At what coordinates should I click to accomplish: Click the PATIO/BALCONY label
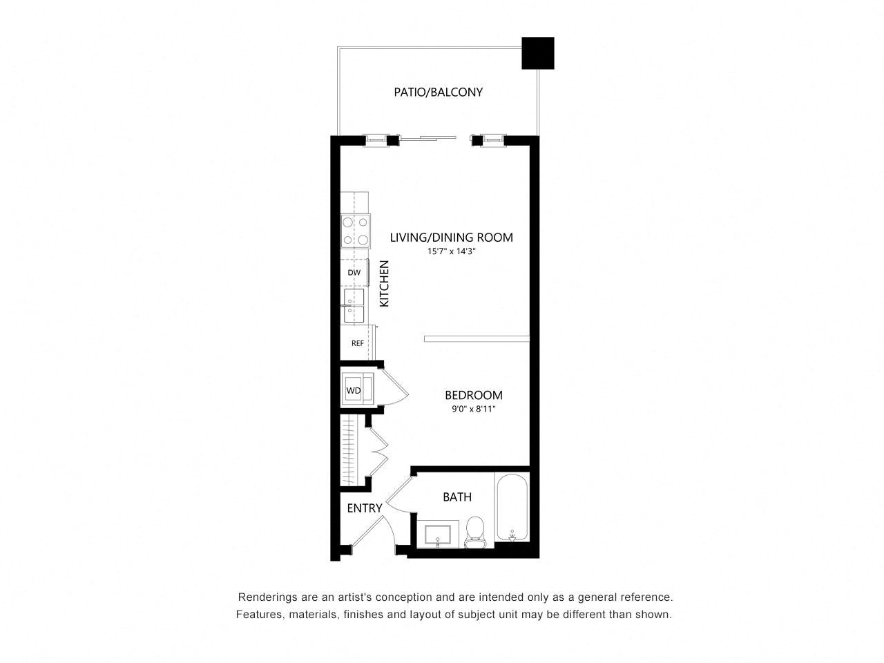point(438,92)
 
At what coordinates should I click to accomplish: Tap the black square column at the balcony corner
point(537,53)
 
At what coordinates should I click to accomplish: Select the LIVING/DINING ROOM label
point(451,237)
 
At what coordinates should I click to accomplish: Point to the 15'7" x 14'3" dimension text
point(451,251)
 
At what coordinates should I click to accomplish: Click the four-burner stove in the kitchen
point(355,231)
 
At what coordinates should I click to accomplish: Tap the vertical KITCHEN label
point(384,283)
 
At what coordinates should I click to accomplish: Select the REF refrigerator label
point(357,343)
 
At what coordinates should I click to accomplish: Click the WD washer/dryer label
point(353,390)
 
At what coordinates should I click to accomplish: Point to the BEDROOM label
point(473,395)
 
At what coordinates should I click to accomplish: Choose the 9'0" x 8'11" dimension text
point(473,409)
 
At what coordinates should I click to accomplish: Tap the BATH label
point(457,497)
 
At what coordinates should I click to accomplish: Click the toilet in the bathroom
point(475,532)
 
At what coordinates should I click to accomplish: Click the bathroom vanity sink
point(437,534)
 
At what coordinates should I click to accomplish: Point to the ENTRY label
point(364,508)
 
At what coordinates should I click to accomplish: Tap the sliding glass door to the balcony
point(429,138)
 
